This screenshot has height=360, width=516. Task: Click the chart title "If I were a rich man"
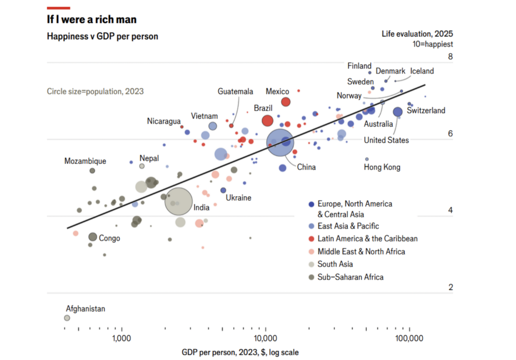point(91,20)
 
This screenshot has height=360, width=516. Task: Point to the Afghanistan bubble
point(67,318)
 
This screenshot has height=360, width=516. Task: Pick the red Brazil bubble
point(267,121)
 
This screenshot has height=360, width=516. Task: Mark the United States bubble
point(398,112)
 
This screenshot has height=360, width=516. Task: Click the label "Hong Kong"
point(382,167)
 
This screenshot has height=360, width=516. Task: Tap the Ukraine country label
point(238,198)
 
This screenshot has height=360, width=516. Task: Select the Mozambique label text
point(85,161)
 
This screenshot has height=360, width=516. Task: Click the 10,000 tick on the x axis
point(266,337)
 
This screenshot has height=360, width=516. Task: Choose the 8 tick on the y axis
point(450,57)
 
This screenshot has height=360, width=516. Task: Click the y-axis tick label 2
point(450,287)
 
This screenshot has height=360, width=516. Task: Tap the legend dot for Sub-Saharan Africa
point(311,277)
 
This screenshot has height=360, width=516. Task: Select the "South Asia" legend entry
point(335,264)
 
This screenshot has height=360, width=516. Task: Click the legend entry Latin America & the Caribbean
point(367,238)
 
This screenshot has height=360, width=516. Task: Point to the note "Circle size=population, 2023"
point(95,91)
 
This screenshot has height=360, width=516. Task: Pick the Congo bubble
point(93,237)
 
